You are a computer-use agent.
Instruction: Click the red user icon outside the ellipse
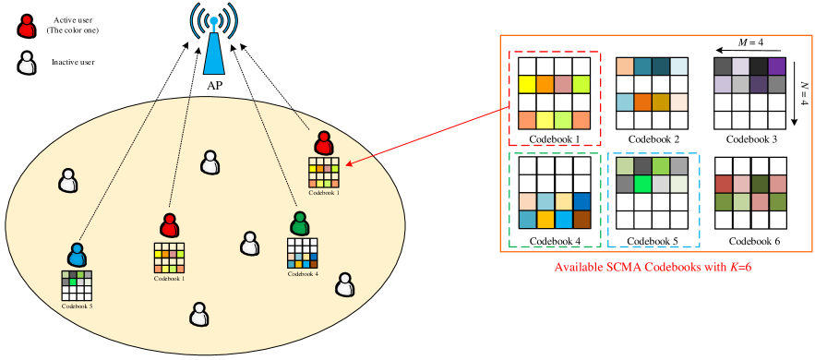pos(27,27)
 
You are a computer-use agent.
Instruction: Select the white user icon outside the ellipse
pos(27,63)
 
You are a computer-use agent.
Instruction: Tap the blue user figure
pos(77,255)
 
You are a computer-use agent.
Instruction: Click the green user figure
pos(299,223)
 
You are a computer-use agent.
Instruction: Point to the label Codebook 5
pos(77,306)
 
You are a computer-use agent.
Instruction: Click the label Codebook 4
pos(303,274)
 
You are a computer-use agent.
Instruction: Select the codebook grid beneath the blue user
pos(77,285)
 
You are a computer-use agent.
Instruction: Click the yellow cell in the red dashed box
pos(527,85)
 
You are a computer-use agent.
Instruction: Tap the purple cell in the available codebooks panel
pos(776,66)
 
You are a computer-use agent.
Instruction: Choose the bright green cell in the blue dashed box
pos(643,184)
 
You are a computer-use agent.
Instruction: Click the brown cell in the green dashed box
pos(581,220)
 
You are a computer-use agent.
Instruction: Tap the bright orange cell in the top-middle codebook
pos(643,102)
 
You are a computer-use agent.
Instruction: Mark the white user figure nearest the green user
pos(249,244)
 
